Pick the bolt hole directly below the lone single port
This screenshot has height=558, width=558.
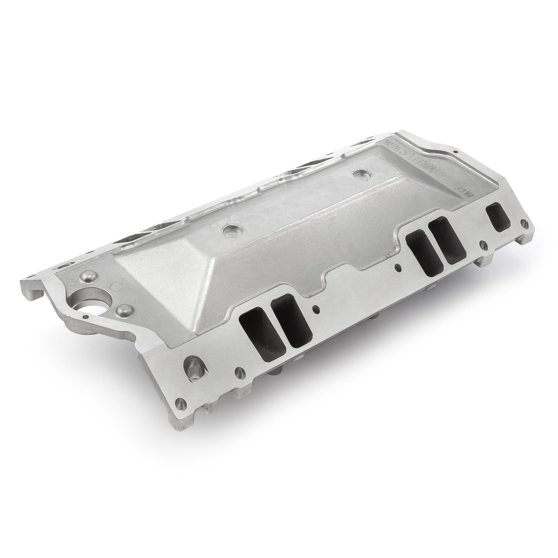coord(482,245)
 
